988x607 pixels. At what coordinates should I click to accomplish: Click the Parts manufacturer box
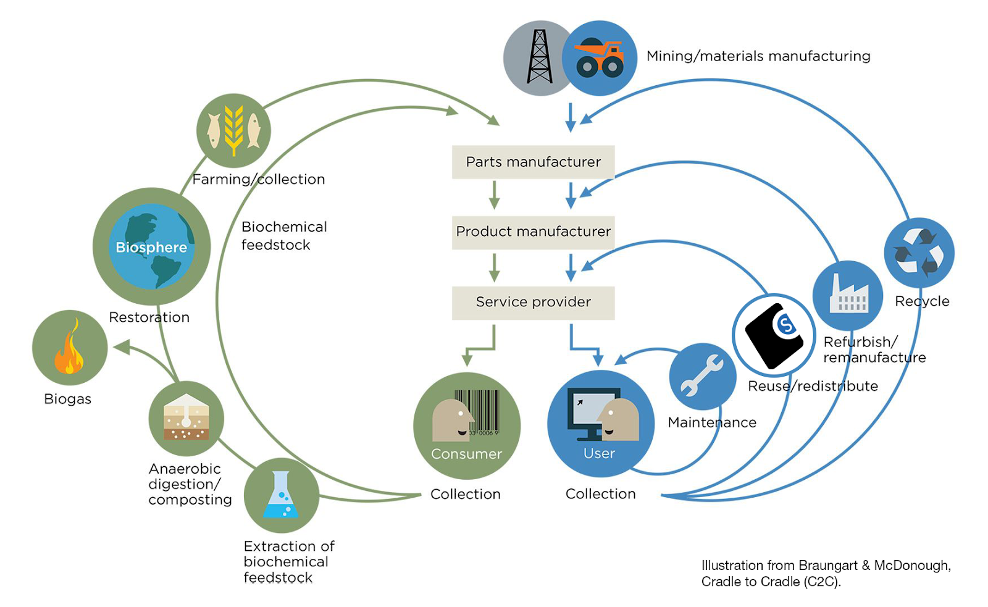533,162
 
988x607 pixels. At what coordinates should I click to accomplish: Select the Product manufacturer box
533,232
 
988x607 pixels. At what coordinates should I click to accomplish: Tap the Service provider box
533,302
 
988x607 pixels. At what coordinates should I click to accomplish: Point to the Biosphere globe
151,246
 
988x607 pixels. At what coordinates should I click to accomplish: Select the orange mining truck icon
600,58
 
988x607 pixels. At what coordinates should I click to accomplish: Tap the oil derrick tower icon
539,57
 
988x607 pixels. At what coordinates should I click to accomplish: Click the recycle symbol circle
919,253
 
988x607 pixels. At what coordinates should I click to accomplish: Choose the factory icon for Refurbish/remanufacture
848,295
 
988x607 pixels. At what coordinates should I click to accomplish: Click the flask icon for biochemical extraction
281,495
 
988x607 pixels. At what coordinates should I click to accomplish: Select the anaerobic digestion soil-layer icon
186,418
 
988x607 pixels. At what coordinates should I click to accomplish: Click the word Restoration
149,317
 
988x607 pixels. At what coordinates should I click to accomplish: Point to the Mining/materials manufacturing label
758,56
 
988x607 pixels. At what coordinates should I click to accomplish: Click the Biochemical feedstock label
284,236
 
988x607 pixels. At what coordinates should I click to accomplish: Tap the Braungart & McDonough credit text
826,573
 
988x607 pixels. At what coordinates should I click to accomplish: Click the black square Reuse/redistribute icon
773,335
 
